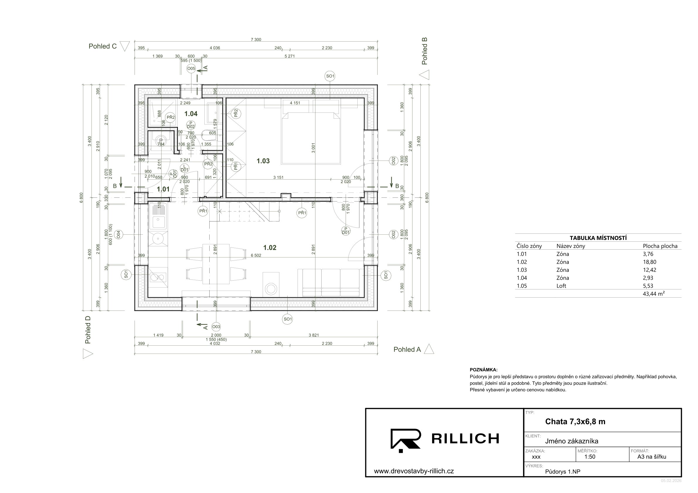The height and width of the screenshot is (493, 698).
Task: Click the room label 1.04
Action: [191, 114]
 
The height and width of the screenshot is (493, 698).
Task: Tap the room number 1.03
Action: [263, 161]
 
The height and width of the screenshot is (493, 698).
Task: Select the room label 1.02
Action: [270, 248]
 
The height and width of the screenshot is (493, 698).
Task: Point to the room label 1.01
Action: [163, 189]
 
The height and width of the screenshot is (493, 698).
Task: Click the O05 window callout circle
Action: [191, 69]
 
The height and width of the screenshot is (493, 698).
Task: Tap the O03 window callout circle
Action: [216, 327]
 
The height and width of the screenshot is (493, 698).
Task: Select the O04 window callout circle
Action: [118, 234]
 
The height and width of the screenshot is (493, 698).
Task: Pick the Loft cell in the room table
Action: [561, 286]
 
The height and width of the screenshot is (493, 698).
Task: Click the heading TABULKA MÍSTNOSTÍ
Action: [598, 238]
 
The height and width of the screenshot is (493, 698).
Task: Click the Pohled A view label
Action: [407, 349]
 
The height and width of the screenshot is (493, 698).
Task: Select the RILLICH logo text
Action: [465, 438]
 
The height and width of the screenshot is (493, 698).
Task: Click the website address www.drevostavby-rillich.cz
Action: [414, 471]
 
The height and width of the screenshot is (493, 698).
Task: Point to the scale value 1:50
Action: [590, 457]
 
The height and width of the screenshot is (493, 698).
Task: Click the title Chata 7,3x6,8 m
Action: [575, 421]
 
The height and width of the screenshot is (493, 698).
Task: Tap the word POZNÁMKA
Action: [484, 370]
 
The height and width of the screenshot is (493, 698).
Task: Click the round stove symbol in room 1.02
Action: [271, 289]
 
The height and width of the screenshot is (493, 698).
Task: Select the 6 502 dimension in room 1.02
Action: [256, 255]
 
